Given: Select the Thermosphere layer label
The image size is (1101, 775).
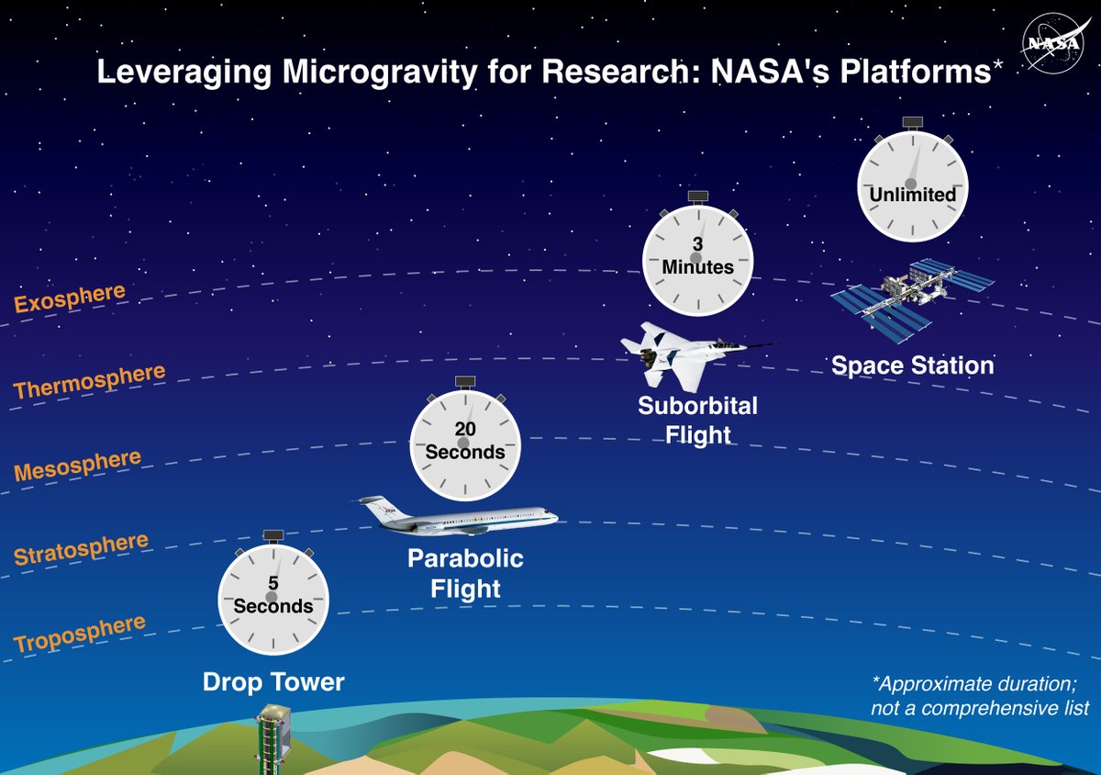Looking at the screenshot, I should [x=89, y=381].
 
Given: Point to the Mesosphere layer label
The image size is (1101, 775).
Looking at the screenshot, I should [x=77, y=466].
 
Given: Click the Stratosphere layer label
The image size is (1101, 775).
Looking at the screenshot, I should [x=81, y=549].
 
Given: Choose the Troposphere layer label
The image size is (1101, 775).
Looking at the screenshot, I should [x=80, y=634].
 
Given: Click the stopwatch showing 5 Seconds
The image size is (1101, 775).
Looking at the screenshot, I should [x=272, y=597].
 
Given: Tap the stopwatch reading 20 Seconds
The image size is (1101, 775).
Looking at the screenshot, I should [x=464, y=443].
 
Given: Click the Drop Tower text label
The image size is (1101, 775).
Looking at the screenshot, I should [x=273, y=682].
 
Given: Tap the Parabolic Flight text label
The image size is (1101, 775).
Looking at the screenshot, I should [x=465, y=573].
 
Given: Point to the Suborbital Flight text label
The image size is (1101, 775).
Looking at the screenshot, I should [x=698, y=419].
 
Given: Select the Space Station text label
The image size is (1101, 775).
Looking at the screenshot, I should [x=912, y=365].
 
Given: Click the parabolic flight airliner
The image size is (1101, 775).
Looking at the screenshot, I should [x=459, y=517].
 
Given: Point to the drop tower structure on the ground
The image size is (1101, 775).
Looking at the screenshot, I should [x=272, y=739].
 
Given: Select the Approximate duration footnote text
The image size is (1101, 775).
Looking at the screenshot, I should [x=979, y=696].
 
